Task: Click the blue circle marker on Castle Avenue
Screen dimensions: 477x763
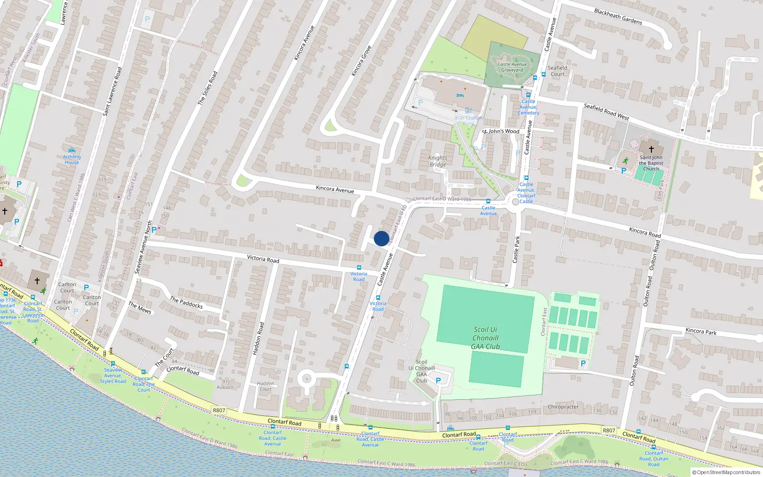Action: click(381, 238)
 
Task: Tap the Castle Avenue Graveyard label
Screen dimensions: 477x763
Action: click(512, 67)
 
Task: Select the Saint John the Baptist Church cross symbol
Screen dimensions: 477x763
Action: click(651, 149)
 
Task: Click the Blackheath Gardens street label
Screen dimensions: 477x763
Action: click(618, 16)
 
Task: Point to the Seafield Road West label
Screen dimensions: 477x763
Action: click(606, 112)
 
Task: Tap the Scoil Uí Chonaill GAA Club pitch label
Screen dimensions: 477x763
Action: click(485, 338)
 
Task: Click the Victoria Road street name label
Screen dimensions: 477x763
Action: click(263, 259)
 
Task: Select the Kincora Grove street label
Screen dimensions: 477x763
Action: click(361, 61)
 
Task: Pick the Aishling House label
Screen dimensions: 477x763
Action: click(72, 159)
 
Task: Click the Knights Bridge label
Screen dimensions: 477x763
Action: click(437, 161)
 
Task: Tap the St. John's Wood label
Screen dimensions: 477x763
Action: click(500, 131)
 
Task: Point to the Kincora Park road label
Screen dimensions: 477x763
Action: click(701, 331)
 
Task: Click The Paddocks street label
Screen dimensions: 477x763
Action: click(186, 302)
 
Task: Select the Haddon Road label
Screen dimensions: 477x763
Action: click(258, 338)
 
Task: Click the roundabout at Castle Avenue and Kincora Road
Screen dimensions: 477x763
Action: click(515, 202)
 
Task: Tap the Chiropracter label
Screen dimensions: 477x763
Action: click(563, 407)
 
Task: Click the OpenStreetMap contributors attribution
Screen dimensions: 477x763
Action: click(726, 472)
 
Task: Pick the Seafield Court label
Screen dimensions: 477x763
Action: click(557, 71)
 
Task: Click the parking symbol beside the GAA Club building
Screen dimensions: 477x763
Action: click(438, 380)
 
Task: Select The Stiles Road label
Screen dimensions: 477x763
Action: click(207, 88)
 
